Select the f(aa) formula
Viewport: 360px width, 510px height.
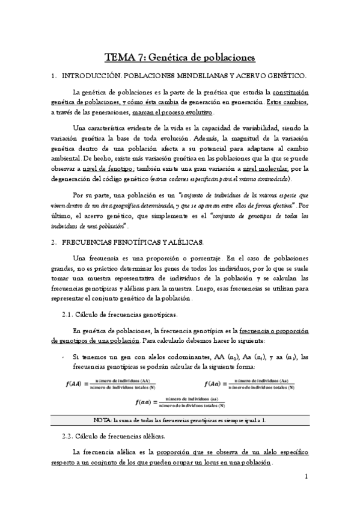[x=180, y=401]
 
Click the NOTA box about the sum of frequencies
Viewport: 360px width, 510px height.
[x=180, y=420]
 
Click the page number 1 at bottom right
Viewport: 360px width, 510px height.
[x=306, y=477]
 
